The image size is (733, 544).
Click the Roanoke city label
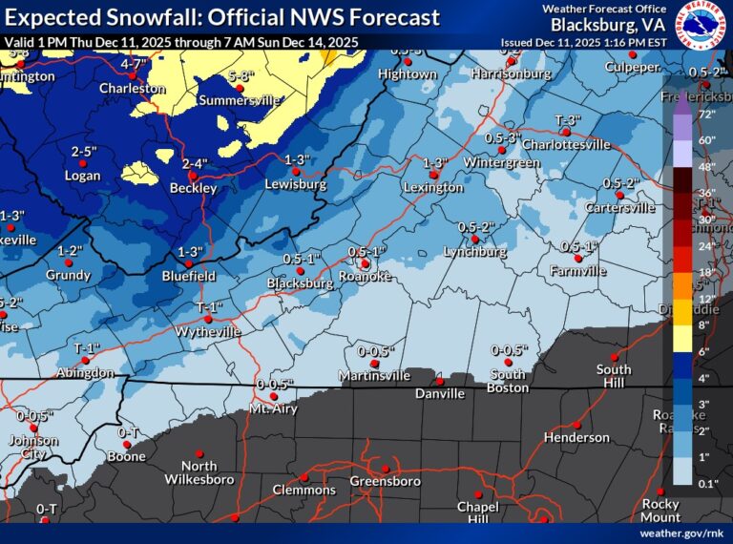pos(367,276)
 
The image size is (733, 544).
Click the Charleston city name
pos(133,88)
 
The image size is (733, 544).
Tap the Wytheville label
pos(208,331)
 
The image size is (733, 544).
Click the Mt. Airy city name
pos(273,408)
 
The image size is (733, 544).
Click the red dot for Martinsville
pos(374,364)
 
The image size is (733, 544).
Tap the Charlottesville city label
pos(570,144)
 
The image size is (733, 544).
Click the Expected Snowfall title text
pos(222,17)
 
